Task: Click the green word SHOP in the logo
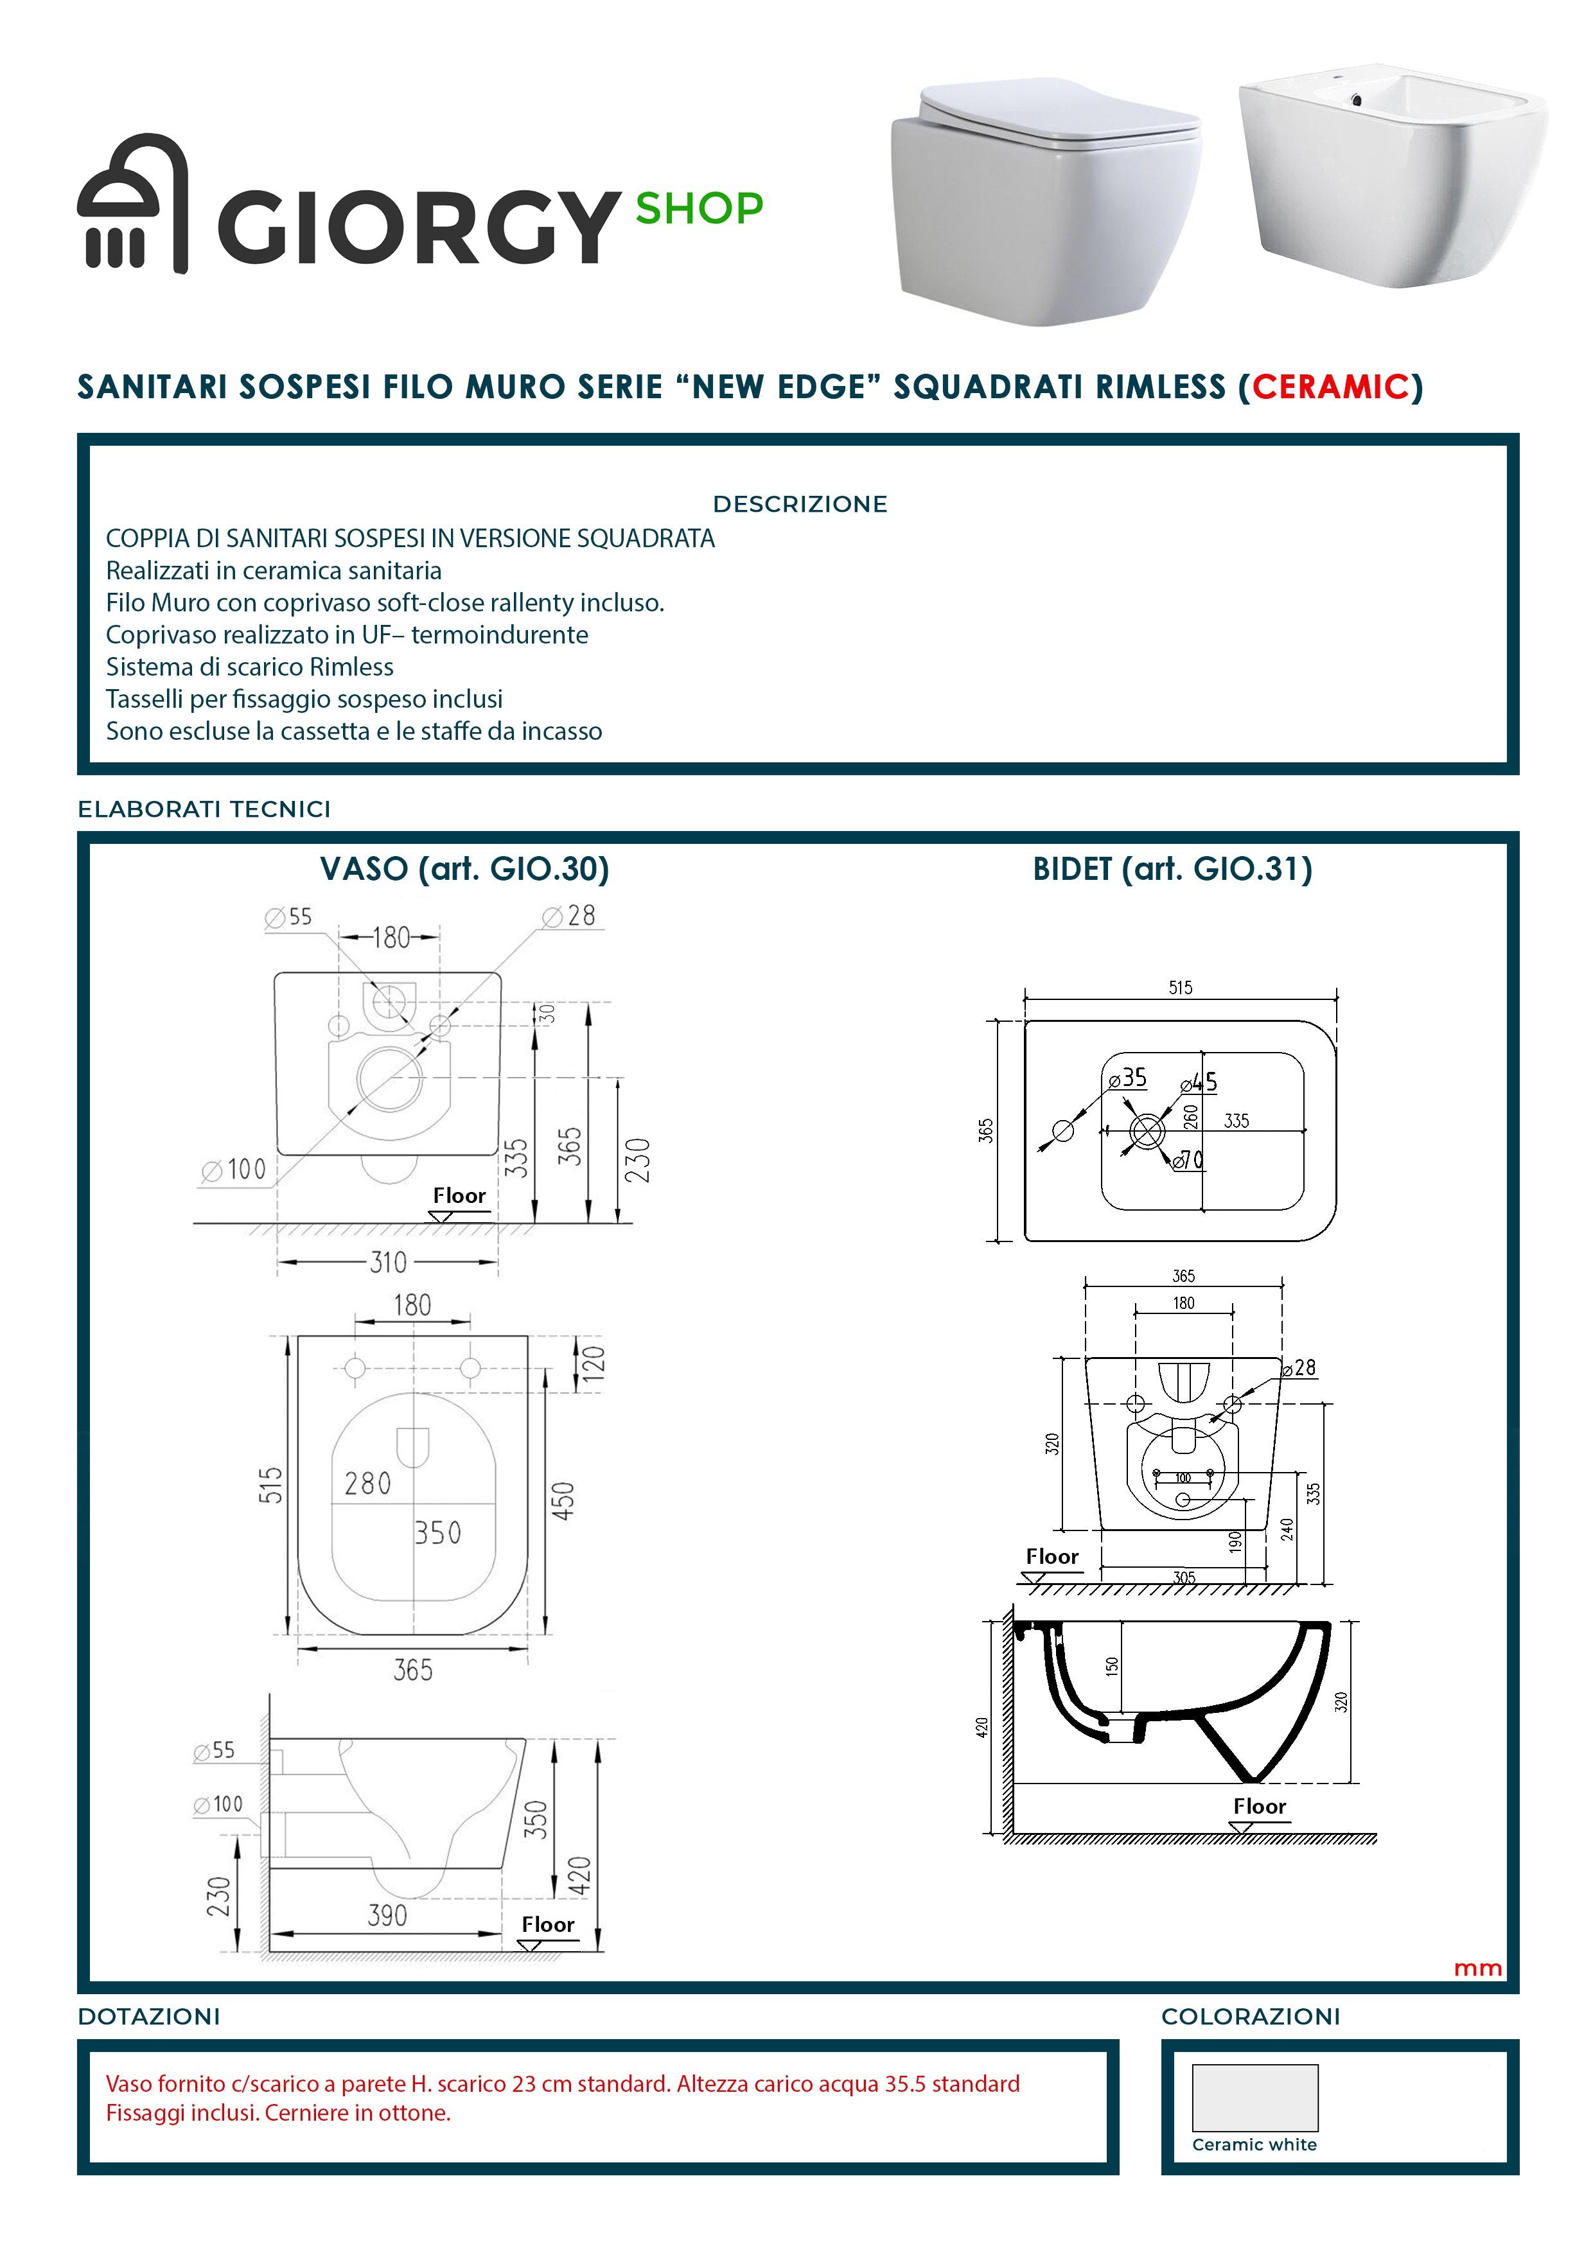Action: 699,208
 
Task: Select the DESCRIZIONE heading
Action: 799,504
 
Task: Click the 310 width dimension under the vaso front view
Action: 388,1262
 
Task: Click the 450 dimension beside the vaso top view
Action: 563,1500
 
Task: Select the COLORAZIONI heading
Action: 1251,2017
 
